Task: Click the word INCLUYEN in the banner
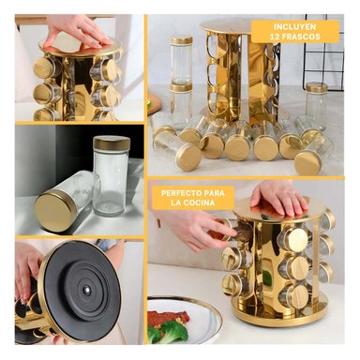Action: coord(294,27)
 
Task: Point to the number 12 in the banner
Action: coord(275,37)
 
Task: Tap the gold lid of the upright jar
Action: coord(112,142)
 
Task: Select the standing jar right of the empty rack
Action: coord(316,105)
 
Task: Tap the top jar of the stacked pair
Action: coord(181,60)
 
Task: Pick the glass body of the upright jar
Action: coord(110,181)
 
